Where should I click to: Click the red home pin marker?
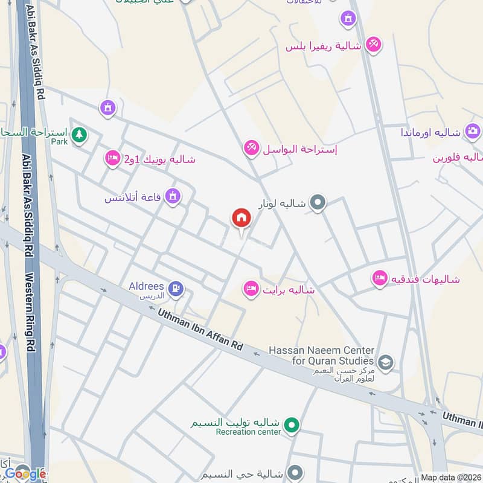point(241,218)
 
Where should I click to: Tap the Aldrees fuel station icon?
point(176,289)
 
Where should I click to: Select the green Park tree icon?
point(78,135)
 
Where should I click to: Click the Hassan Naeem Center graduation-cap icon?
point(386,363)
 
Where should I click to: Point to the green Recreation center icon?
point(292,426)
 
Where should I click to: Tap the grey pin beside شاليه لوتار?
point(318,203)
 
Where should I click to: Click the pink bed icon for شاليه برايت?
point(251,289)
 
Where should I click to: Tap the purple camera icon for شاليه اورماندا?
point(473,131)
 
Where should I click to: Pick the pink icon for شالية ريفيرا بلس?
point(374,44)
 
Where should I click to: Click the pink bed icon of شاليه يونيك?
point(112,159)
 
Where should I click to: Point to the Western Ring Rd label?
point(30,314)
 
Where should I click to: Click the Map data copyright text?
point(450,477)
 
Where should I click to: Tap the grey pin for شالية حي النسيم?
point(295,472)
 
